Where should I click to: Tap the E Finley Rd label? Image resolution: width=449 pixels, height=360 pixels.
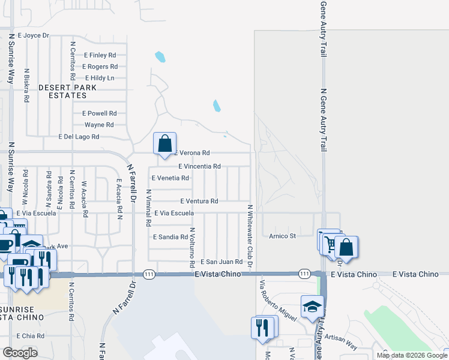tap(100, 55)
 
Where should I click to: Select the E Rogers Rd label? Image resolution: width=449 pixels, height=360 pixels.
tap(99, 67)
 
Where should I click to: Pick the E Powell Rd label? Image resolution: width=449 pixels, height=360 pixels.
tap(99, 113)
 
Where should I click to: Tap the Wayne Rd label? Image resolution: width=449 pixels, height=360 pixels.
tap(99, 125)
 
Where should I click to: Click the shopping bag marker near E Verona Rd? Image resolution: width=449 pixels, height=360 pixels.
tap(164, 144)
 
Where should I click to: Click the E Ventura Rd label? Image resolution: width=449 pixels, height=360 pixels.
tap(199, 201)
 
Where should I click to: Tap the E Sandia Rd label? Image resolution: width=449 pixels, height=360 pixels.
tap(170, 237)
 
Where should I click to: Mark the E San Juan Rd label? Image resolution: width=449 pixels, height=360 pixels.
tap(221, 262)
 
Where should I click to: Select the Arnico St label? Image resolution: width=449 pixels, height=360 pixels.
tap(283, 236)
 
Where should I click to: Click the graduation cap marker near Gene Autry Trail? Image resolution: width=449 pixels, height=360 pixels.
tap(312, 307)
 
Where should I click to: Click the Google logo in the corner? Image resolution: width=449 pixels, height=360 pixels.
tap(20, 353)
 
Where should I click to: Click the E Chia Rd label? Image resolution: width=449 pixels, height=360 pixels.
tap(31, 336)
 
